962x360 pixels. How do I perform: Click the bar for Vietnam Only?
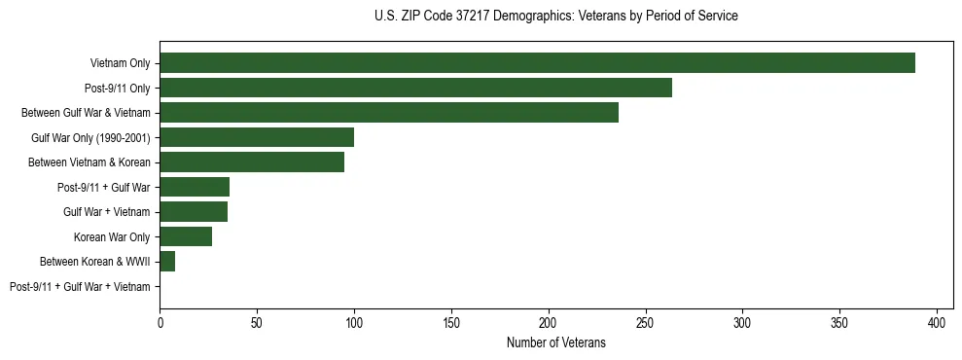point(537,63)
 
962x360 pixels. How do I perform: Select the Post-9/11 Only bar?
point(415,88)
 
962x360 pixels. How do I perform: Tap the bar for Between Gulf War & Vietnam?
point(389,113)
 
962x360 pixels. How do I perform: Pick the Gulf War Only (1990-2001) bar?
point(257,137)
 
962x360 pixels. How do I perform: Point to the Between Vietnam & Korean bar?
point(252,162)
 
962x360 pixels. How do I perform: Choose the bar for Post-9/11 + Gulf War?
point(195,187)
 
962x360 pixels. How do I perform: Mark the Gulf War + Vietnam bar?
point(194,212)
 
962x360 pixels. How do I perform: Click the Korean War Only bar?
point(186,236)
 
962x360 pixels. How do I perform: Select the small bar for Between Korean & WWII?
point(167,262)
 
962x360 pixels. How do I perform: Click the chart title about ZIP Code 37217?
point(555,17)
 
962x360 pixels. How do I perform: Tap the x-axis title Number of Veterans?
point(555,342)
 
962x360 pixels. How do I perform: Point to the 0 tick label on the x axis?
point(160,322)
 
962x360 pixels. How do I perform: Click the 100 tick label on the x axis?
point(354,322)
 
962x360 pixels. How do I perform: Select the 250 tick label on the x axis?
point(646,322)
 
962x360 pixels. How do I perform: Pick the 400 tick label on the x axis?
point(937,322)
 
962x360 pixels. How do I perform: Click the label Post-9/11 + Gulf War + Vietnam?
point(80,286)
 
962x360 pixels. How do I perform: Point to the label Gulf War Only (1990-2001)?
point(90,137)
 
